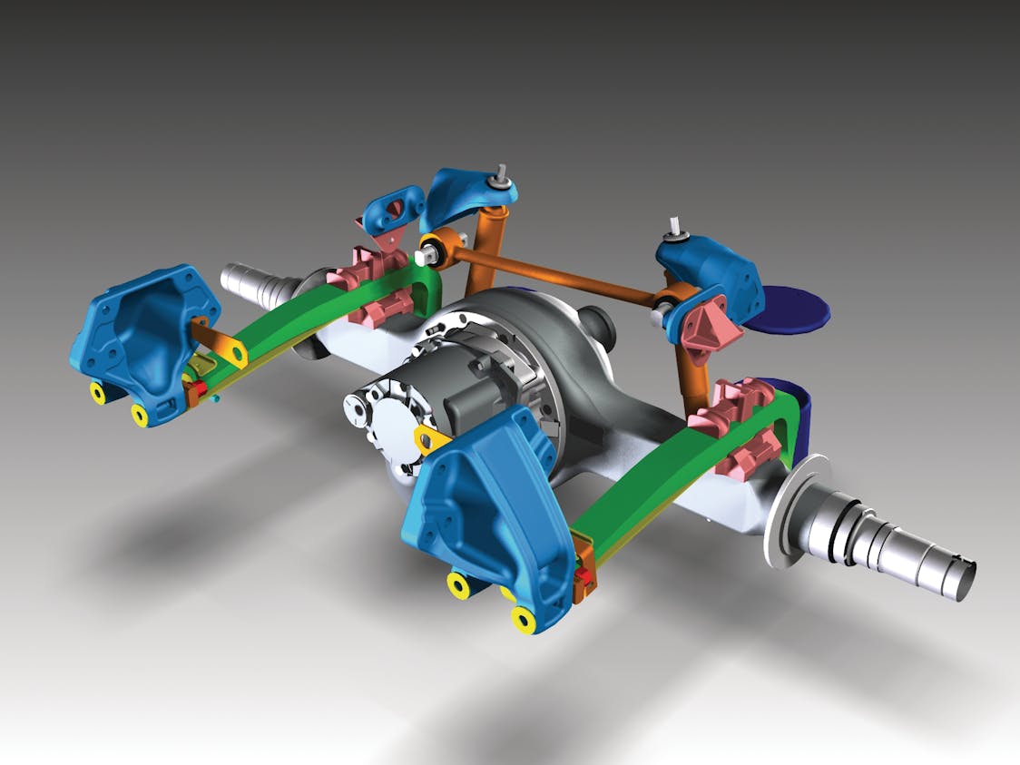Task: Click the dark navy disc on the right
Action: (794, 309)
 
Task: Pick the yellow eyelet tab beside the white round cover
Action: (429, 439)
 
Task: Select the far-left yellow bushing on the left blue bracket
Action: (97, 392)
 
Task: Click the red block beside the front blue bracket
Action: (586, 576)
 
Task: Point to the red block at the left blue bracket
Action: (193, 389)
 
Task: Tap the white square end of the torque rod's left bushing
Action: (421, 257)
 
